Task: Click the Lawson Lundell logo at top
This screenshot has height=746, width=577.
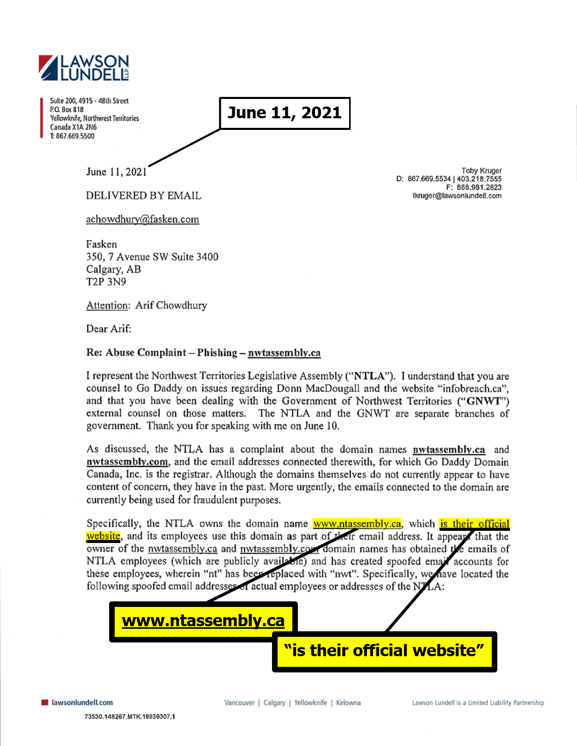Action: tap(84, 68)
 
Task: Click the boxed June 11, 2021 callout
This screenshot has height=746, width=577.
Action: tap(285, 113)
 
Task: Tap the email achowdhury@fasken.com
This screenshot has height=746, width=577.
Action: tap(143, 219)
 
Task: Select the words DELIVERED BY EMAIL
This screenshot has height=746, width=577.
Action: tap(144, 195)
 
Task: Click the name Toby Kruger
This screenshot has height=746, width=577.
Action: tap(481, 171)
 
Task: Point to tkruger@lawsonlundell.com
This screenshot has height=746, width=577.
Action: tap(457, 195)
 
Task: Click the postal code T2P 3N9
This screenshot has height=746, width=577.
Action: tap(106, 282)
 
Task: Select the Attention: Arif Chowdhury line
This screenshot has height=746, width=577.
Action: tap(147, 306)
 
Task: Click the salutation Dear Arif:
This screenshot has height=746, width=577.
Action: tap(109, 329)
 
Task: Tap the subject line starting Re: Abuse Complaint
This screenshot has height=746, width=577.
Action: tap(203, 353)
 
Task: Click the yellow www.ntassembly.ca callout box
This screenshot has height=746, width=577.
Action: tap(203, 621)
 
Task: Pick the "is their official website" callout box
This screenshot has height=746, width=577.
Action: tap(384, 651)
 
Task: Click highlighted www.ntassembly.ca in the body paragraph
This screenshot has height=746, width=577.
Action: tap(357, 524)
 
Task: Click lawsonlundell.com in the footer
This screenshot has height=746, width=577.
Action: tap(82, 703)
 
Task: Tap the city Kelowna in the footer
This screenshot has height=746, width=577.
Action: tap(348, 703)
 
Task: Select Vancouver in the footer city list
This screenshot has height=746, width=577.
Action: tap(240, 703)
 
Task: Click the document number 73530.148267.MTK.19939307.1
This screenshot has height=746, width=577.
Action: tap(129, 717)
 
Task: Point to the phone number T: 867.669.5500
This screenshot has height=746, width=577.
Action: tap(72, 136)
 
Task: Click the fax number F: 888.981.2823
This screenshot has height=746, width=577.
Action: tap(473, 187)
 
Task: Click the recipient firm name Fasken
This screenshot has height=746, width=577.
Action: tap(101, 244)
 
